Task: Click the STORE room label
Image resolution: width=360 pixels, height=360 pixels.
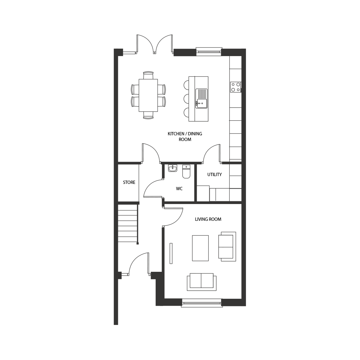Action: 129,182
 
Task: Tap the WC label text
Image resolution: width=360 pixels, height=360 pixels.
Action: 179,189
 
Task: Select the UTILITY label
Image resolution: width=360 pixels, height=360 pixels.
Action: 214,175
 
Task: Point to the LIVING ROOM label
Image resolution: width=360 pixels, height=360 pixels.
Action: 208,219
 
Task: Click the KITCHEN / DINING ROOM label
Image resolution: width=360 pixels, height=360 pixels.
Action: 185,136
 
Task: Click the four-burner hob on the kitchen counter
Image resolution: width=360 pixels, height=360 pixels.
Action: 236,87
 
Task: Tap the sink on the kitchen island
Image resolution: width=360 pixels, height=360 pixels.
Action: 202,98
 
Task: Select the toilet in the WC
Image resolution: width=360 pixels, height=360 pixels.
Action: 186,172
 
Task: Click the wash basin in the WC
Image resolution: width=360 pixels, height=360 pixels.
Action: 172,168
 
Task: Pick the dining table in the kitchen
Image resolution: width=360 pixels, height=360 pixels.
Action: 148,95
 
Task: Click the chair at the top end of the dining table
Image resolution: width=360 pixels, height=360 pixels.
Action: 148,75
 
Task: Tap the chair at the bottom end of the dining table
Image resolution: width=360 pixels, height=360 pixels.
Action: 148,115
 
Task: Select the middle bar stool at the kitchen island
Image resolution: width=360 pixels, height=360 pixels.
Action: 186,98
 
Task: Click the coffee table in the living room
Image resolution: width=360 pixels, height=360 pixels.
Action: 200,248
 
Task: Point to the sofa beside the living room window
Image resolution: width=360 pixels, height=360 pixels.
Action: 202,282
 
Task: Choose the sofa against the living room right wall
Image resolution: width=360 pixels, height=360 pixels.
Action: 227,247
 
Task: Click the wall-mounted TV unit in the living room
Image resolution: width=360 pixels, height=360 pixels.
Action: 171,253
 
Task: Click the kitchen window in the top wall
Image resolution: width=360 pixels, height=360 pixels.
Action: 209,52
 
